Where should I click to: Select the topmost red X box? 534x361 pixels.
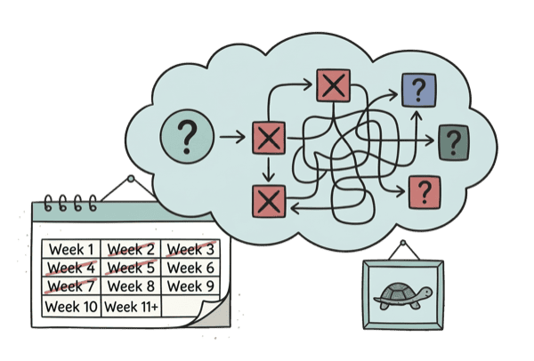[334, 86]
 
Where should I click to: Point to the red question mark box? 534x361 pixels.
[425, 190]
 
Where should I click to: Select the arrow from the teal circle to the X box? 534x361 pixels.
[234, 138]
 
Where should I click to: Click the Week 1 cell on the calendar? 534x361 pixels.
[71, 249]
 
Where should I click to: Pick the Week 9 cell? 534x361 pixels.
[190, 286]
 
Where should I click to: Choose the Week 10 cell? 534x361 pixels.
[71, 307]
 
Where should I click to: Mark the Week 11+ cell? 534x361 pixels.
[132, 307]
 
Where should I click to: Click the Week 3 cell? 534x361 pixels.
[190, 248]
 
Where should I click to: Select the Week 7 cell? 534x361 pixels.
[71, 287]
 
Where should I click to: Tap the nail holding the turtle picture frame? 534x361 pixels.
[402, 244]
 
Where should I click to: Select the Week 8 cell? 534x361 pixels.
[131, 286]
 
